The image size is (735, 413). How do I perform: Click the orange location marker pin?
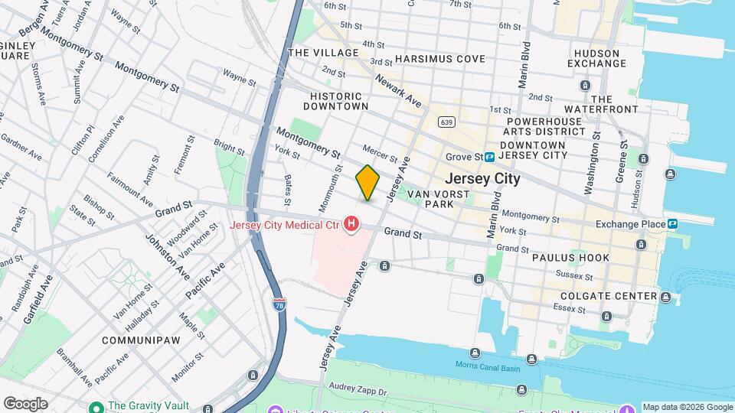367,183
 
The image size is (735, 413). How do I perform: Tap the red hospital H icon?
351,224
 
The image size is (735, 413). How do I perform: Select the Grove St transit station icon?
488,157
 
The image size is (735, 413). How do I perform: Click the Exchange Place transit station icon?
671,224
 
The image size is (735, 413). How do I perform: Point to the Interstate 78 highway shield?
279,304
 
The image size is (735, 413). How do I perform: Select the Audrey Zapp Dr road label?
359,388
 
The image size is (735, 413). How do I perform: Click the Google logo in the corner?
25,404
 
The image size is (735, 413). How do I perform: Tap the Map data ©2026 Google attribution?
688,407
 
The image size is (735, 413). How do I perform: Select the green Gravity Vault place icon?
96,406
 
